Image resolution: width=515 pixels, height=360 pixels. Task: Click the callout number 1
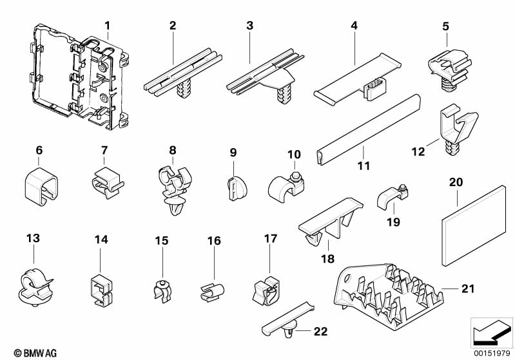(x=108, y=26)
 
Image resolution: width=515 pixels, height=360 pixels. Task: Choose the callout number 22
(x=320, y=332)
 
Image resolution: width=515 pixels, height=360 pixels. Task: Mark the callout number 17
(x=271, y=239)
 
